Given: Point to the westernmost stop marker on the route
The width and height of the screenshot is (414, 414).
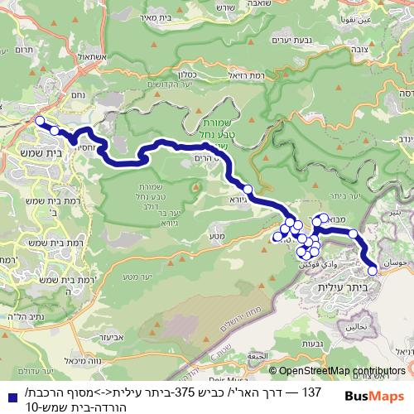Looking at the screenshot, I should point(39,121).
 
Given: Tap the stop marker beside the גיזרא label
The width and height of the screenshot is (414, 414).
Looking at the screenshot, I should point(248,189).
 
